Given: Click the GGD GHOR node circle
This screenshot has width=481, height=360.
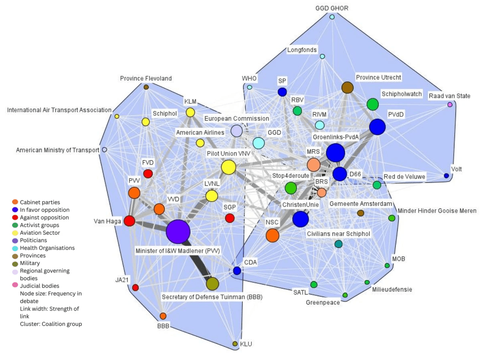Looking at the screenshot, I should [x=332, y=17].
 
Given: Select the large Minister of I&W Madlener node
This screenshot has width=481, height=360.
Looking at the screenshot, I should [x=178, y=231].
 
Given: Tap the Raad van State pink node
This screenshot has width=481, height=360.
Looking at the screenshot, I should [x=450, y=105].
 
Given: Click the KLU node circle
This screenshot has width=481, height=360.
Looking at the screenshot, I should [x=235, y=344].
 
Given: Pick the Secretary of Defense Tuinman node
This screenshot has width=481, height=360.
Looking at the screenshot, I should [x=212, y=283].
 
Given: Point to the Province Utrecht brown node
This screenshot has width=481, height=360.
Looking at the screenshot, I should [x=347, y=87].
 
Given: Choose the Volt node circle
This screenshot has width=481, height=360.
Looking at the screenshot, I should [x=446, y=176].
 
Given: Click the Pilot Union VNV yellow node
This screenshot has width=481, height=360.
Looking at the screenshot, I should [x=228, y=167].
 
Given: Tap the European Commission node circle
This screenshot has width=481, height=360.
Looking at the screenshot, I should [x=236, y=131].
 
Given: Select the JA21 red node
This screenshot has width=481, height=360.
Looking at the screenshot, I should [x=135, y=287].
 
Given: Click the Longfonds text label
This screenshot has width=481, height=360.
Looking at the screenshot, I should [x=302, y=50].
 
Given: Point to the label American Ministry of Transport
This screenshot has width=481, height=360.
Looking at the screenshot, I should [x=57, y=150].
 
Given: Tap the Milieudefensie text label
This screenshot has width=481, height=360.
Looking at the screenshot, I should [x=392, y=289].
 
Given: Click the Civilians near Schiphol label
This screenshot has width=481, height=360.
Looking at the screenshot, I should [x=338, y=233].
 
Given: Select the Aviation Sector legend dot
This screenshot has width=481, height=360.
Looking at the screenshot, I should [x=15, y=233].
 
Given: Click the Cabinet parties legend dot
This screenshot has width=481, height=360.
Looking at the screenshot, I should [x=15, y=202].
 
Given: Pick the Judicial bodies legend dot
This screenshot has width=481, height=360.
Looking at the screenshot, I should [x=15, y=286].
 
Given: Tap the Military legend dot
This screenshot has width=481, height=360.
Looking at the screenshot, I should [x=15, y=263].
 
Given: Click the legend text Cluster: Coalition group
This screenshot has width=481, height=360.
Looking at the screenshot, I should [x=51, y=324].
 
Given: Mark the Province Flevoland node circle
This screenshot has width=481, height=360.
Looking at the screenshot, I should [x=146, y=87].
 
